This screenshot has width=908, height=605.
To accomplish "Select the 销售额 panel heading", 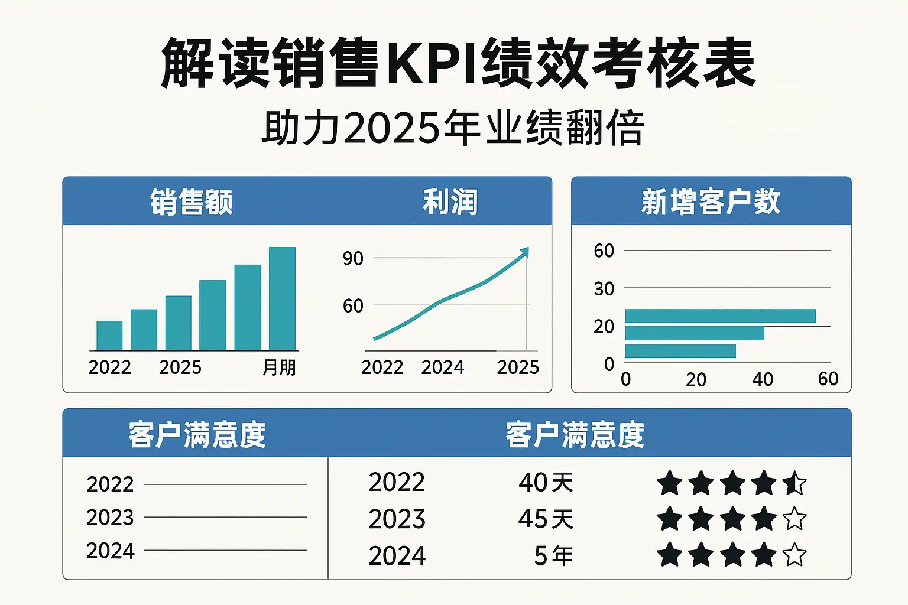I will click(x=191, y=202).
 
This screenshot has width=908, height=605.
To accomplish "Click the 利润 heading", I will click(x=450, y=202).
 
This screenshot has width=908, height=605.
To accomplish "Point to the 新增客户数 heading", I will click(x=711, y=202).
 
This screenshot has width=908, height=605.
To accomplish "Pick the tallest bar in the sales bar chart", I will click(x=282, y=299).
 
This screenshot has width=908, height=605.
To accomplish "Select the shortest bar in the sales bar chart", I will click(x=109, y=336).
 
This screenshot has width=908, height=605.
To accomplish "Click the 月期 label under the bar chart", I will click(x=279, y=367).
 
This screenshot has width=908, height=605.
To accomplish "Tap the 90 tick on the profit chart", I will click(x=353, y=258).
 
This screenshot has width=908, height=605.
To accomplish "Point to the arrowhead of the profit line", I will click(x=524, y=252).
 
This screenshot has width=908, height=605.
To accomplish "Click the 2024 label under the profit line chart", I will click(x=442, y=367).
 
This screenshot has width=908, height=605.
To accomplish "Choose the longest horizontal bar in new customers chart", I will click(x=720, y=316).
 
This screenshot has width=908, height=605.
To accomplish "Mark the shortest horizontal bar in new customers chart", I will click(x=680, y=352).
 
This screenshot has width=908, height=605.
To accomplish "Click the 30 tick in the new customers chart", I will click(x=604, y=289).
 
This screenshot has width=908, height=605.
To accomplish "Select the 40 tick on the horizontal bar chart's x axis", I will click(x=763, y=379).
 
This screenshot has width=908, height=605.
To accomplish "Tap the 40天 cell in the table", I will click(x=546, y=483).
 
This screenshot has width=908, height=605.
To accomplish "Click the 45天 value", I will click(x=546, y=519).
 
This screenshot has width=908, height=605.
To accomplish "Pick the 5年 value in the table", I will click(x=553, y=556).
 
